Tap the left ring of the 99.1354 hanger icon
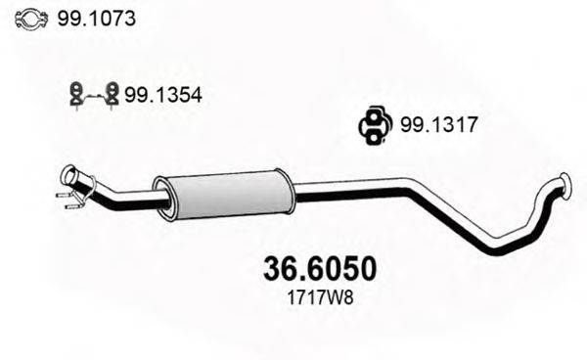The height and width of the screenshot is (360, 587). click(x=74, y=94)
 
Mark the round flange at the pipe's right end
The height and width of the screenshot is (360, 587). click(x=564, y=183)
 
